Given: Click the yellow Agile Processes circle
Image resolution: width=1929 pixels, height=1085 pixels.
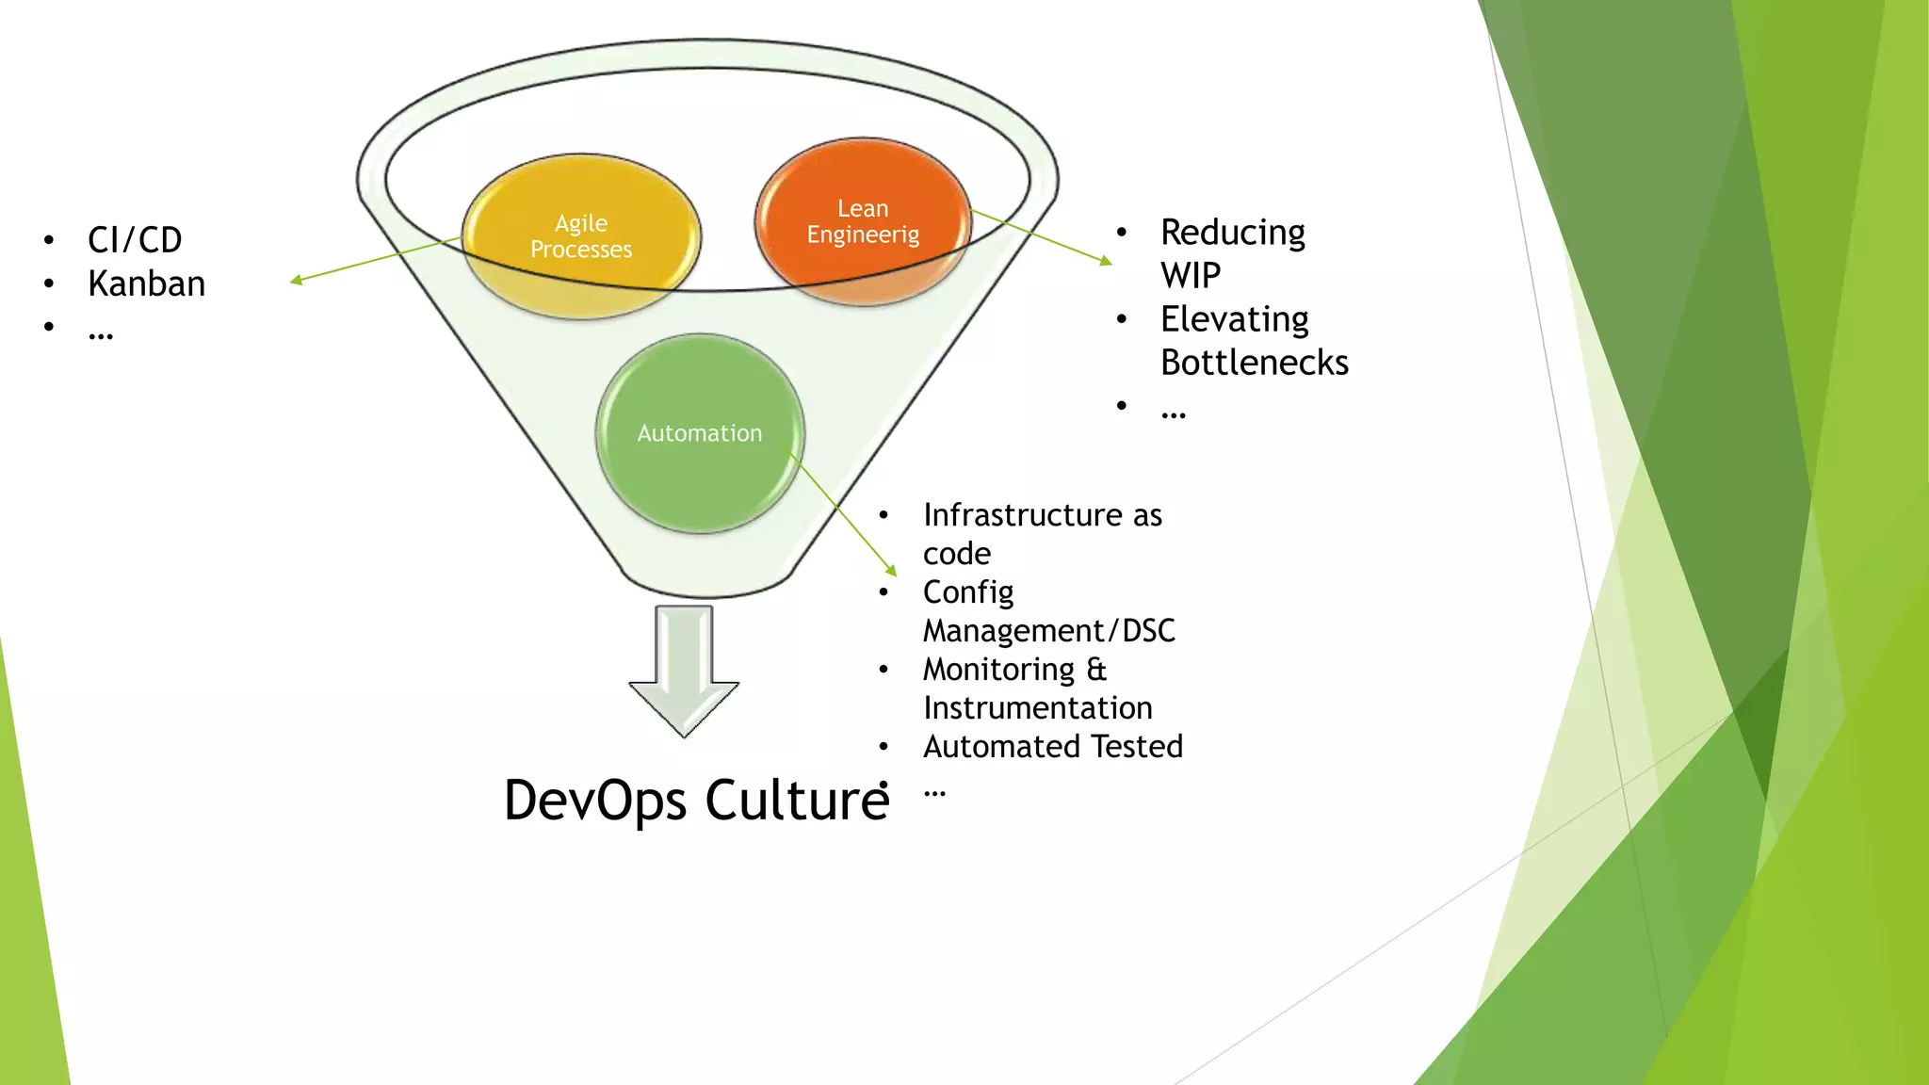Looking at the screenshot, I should pyautogui.click(x=581, y=236).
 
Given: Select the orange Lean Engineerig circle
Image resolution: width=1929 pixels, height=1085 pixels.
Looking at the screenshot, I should pyautogui.click(x=863, y=221).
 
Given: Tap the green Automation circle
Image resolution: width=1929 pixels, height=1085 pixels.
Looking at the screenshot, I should pyautogui.click(x=700, y=433).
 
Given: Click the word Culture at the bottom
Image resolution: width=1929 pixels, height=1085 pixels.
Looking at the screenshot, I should pyautogui.click(x=796, y=801).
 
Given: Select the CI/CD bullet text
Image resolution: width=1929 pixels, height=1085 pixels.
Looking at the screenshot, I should pyautogui.click(x=135, y=240).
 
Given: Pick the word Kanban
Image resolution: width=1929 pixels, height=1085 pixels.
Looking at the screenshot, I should pyautogui.click(x=146, y=283).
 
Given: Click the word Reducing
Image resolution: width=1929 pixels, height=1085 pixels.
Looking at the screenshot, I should pyautogui.click(x=1232, y=233).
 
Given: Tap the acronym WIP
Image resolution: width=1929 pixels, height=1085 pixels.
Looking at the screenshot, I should pyautogui.click(x=1191, y=276).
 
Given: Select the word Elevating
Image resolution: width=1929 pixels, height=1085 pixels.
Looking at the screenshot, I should pyautogui.click(x=1234, y=319).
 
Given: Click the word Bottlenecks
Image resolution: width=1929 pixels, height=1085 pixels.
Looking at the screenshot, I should pyautogui.click(x=1254, y=363).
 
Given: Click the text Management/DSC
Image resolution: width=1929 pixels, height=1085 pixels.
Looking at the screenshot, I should pyautogui.click(x=1048, y=631).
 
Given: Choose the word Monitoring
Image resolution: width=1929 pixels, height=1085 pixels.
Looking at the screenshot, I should pyautogui.click(x=998, y=670).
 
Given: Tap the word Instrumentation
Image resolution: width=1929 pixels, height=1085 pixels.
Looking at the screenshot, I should pyautogui.click(x=1037, y=708).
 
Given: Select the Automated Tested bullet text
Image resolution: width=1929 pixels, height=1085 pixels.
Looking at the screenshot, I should pyautogui.click(x=1052, y=747).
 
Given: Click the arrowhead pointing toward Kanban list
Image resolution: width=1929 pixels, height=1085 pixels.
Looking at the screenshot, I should pyautogui.click(x=296, y=280).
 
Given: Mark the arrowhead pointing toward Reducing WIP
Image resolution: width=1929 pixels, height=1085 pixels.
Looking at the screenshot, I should pyautogui.click(x=1107, y=261).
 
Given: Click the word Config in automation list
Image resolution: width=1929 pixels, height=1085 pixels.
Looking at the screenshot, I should pyautogui.click(x=967, y=592).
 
